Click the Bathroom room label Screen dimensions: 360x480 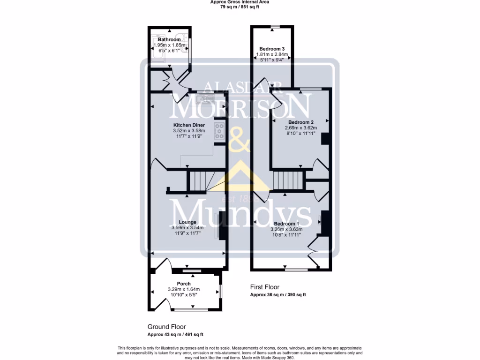[169, 40]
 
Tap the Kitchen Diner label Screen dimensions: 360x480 [189, 125]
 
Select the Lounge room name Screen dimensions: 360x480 [187, 222]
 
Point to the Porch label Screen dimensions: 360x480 [184, 284]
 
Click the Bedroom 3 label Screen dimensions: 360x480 [272, 49]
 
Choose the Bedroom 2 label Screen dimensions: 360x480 [300, 122]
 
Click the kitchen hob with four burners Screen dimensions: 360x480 [219, 132]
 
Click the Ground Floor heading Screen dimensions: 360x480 [166, 327]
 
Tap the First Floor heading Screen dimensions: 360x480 [264, 287]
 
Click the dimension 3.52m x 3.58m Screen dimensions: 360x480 [189, 131]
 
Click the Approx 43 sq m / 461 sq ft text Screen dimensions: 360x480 [175, 335]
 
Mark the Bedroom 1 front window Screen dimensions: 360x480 [296, 270]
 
